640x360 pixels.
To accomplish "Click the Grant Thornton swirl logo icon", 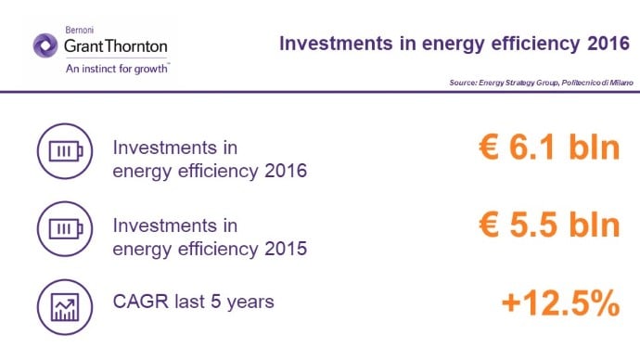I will click(x=45, y=45).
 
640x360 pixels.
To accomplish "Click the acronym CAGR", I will click(x=141, y=302).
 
